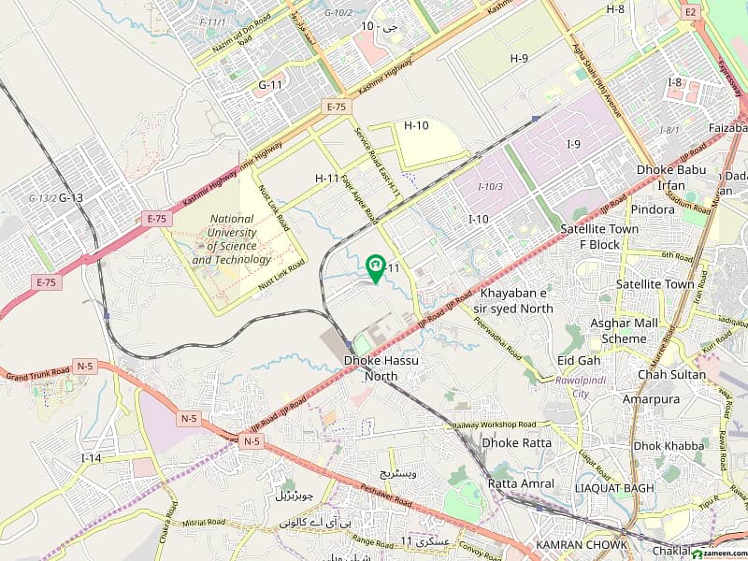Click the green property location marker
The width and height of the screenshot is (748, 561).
click(375, 268)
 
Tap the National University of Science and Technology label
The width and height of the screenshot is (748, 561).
click(232, 239)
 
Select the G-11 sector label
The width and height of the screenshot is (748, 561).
click(270, 85)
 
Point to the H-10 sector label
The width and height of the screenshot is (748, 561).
click(416, 125)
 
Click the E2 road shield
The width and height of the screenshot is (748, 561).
click(691, 10)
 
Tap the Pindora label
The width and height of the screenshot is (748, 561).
click(653, 209)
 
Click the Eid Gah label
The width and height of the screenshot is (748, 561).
click(578, 359)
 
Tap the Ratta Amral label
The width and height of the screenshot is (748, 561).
click(521, 483)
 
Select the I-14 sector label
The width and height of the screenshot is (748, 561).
click(91, 458)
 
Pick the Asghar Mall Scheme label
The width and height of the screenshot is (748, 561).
click(624, 330)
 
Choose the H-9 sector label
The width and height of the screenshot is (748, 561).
click(519, 58)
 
